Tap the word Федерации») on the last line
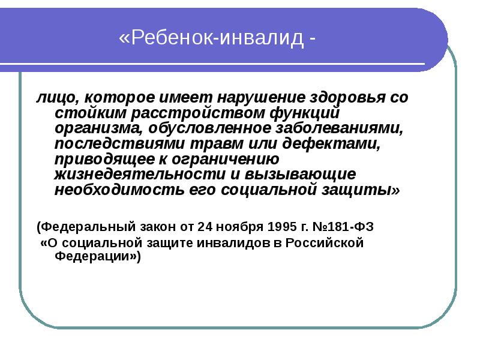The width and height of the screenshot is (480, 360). coord(98,257)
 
